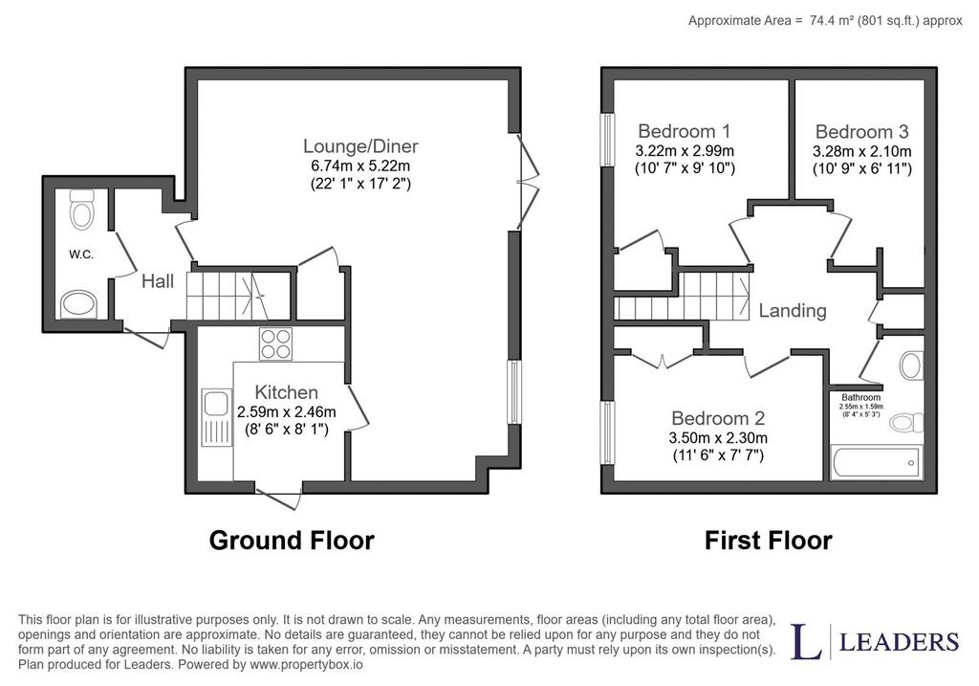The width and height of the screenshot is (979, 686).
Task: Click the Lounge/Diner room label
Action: (x=360, y=146)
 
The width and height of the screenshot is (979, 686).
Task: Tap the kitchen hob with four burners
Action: (x=275, y=344)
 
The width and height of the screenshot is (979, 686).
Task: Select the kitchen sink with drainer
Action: (x=215, y=418)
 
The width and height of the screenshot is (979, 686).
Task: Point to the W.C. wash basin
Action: (x=79, y=304)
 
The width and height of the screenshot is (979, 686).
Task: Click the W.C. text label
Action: (x=80, y=254)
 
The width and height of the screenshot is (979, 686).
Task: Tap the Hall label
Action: (x=158, y=281)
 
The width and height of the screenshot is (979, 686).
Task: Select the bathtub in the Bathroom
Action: (x=876, y=463)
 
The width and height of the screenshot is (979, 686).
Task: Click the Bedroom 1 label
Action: (x=684, y=131)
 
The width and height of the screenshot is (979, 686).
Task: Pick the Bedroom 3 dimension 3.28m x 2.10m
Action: (x=861, y=151)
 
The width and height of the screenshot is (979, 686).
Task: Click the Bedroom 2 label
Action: (x=718, y=418)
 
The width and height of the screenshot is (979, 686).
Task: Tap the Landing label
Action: (x=793, y=311)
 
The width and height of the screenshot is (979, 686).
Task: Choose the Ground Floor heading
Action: (x=292, y=541)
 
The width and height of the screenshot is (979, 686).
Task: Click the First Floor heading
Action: (x=768, y=541)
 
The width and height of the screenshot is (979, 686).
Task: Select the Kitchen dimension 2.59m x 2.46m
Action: (x=286, y=412)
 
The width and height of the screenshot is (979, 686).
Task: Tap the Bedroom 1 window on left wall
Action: (x=606, y=140)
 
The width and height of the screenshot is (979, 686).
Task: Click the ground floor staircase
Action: (x=239, y=297)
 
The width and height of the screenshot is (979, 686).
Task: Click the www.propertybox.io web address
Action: (x=306, y=665)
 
